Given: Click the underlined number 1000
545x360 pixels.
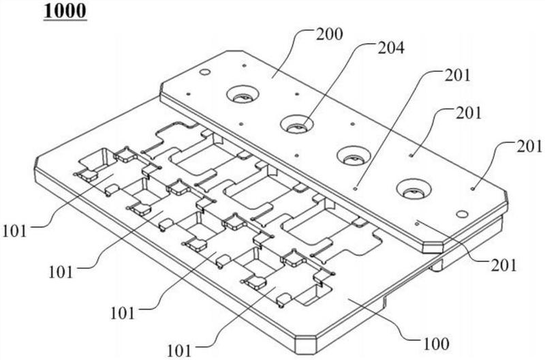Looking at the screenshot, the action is coord(65,11).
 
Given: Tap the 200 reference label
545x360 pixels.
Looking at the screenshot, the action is coord(329,34).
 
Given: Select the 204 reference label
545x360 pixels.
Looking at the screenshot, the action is coord(391,48).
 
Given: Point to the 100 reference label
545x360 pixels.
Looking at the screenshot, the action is coord(436,344).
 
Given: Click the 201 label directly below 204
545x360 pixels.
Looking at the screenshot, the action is coord(457,75).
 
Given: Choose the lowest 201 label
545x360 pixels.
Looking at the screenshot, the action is coord(503,265).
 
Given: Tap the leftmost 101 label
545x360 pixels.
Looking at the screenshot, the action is coord(14,231).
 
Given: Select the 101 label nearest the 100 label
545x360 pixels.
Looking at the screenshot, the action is coord(179,350).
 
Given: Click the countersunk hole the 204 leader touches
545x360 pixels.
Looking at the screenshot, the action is coord(297,125).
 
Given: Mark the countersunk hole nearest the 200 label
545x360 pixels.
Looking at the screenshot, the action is coord(243,95).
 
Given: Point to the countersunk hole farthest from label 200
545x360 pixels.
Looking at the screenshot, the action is coord(414,189).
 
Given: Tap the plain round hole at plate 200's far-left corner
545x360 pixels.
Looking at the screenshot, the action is coord(205,72).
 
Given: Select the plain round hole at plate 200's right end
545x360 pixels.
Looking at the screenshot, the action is coord(462,214).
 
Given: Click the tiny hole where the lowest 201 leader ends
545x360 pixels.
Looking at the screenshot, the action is coord(417,224).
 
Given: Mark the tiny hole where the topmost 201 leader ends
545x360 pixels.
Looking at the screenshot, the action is coord(355,188).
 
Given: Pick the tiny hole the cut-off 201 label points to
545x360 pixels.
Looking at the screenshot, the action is coord(473,189).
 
